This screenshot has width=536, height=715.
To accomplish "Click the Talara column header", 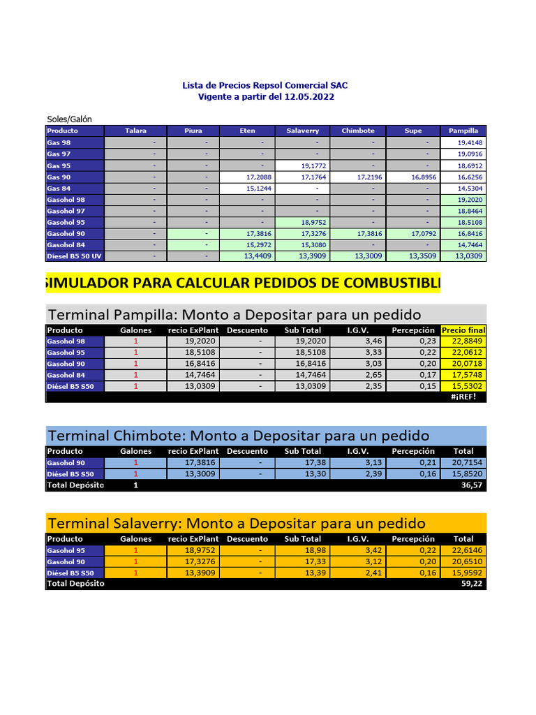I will [135, 131].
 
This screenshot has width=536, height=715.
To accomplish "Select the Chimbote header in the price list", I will [358, 131].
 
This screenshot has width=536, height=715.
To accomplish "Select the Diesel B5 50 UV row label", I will [74, 256].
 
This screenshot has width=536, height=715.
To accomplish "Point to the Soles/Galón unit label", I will [70, 119].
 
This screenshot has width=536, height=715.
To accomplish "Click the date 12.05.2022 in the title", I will [309, 97].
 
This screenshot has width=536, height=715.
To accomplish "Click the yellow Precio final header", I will [463, 330].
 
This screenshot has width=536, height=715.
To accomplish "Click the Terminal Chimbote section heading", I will [238, 436].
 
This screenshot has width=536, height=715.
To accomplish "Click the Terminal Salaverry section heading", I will [236, 523].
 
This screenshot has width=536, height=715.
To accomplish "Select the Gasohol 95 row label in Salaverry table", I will [66, 550].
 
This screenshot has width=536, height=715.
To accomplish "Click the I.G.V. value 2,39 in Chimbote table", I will [357, 474].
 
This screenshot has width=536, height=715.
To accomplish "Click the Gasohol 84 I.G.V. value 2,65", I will [357, 375].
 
